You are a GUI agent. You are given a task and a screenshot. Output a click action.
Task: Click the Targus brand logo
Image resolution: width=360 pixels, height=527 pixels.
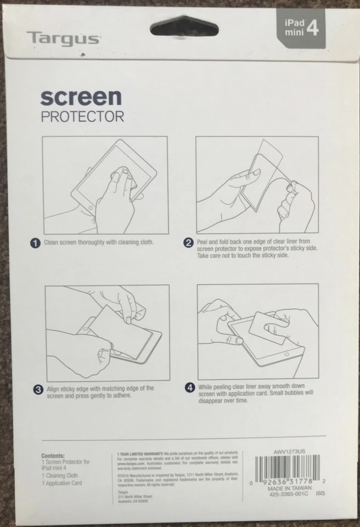pos(63,38)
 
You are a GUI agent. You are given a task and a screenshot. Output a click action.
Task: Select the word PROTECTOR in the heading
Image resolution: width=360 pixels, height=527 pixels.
pos(82,117)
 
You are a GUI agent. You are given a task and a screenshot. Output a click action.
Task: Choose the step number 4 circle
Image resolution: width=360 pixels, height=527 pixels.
pos(189,388)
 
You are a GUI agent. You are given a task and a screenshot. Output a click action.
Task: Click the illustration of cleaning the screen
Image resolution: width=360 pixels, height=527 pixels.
pos(105,186)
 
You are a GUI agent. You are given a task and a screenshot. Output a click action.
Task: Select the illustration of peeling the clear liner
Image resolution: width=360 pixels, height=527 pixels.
pos(257,186)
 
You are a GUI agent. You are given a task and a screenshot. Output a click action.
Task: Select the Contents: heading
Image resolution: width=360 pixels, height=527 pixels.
pos(53,456)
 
